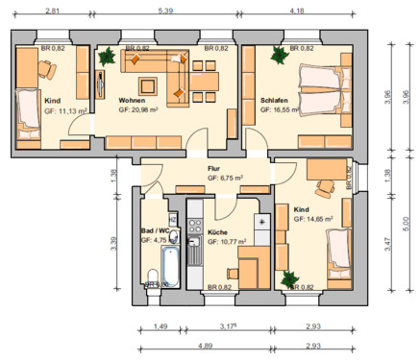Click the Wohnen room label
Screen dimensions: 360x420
click(x=132, y=100)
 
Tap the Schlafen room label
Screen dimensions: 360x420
click(x=274, y=100)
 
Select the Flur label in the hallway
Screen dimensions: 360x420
click(x=213, y=167)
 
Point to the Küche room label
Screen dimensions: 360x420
click(x=218, y=231)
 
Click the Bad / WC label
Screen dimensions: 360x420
click(x=155, y=231)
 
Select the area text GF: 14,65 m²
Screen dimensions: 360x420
click(x=313, y=219)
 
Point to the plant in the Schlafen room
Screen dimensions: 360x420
click(x=279, y=56)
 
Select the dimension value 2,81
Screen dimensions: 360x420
click(x=52, y=10)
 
